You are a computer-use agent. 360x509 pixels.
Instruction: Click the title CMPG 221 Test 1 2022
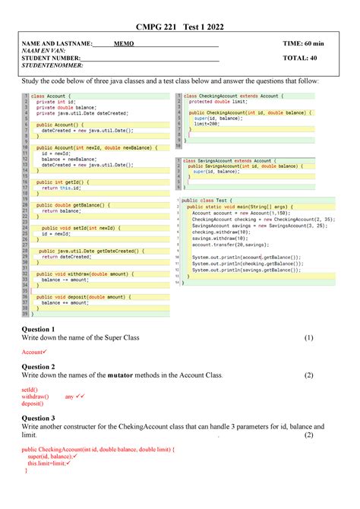tap(180, 27)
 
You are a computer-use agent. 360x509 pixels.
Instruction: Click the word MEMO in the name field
tap(124, 44)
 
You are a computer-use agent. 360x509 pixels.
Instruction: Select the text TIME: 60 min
tap(303, 44)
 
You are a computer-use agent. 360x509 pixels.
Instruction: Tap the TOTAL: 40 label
tap(299, 58)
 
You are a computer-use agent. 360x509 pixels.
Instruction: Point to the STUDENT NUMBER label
tap(51, 58)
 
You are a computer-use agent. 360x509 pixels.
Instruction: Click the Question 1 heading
tap(38, 328)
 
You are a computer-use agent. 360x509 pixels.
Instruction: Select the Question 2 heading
tap(38, 366)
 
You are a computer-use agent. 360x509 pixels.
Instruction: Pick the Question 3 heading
tap(38, 418)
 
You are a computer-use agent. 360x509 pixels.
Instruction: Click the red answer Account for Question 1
tap(33, 352)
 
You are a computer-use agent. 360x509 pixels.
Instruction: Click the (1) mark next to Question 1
tap(308, 337)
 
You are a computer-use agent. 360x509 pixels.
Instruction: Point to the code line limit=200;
tap(206, 124)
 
